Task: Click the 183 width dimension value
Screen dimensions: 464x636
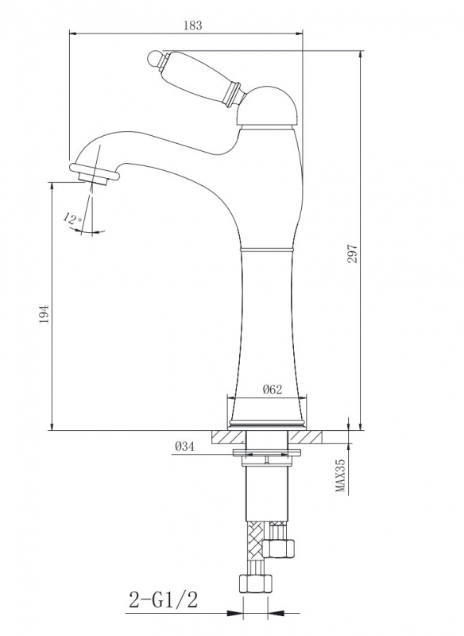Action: pyautogui.click(x=192, y=25)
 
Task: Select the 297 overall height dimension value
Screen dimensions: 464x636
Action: pyautogui.click(x=353, y=254)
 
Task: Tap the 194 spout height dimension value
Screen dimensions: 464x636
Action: pyautogui.click(x=44, y=314)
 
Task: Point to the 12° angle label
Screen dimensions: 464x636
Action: pyautogui.click(x=72, y=219)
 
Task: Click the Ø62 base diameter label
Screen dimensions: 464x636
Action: pyautogui.click(x=273, y=390)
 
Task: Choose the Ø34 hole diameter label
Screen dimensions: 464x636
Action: pyautogui.click(x=185, y=447)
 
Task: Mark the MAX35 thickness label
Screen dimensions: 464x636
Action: pyautogui.click(x=341, y=475)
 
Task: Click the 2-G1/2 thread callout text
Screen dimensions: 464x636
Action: pyautogui.click(x=164, y=599)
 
